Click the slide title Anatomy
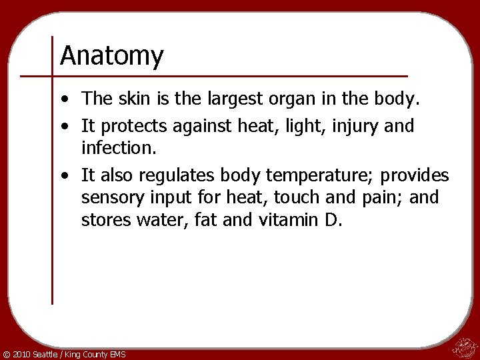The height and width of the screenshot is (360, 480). (x=111, y=56)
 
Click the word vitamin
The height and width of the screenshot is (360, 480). (x=288, y=220)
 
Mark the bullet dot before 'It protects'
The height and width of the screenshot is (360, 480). (x=62, y=126)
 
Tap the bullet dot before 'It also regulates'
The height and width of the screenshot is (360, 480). (x=62, y=177)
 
